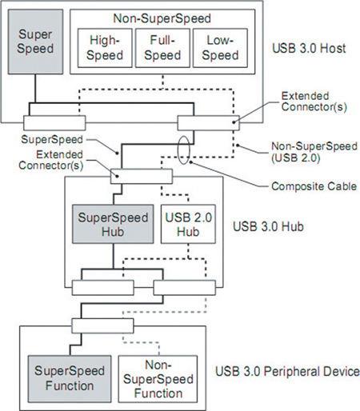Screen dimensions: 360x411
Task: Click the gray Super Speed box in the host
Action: click(35, 42)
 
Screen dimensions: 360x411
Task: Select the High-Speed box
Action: click(105, 48)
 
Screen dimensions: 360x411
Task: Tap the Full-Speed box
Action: click(162, 48)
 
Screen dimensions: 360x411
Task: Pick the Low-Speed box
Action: click(220, 48)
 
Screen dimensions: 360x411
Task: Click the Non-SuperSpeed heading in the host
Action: click(162, 18)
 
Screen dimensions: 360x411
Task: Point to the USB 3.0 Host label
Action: click(309, 48)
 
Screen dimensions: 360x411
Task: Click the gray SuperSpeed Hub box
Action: click(113, 224)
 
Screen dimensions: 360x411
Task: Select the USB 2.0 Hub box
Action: click(188, 224)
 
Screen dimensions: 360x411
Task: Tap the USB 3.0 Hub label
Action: click(268, 226)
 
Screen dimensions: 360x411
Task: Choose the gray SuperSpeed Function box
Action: click(70, 378)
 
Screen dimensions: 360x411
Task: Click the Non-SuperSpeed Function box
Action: click(158, 378)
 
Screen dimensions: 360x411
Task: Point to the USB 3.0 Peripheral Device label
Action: click(287, 372)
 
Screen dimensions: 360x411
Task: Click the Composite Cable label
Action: click(314, 186)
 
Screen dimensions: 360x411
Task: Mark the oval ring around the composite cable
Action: click(178, 150)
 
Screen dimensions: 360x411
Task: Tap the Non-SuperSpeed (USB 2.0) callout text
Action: click(314, 152)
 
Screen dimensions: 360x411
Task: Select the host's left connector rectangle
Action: click(54, 123)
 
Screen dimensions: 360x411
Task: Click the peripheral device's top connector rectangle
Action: click(102, 325)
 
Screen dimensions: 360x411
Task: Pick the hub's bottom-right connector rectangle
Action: click(185, 288)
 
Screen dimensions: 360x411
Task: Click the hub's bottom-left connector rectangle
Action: click(103, 288)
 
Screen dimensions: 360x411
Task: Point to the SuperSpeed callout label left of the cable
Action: click(52, 139)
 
